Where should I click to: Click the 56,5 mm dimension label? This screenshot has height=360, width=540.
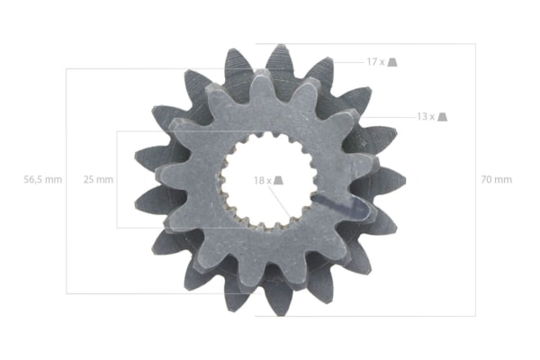click(x=42, y=179)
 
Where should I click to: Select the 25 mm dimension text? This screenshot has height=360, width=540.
click(x=98, y=179)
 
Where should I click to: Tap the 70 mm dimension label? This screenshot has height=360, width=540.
click(x=496, y=179)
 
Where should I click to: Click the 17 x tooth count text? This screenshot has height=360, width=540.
click(x=375, y=62)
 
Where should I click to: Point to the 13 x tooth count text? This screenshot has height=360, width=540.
click(x=426, y=117)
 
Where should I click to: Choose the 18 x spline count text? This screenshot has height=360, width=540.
click(x=263, y=180)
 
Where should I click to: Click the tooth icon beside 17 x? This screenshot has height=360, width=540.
click(x=392, y=62)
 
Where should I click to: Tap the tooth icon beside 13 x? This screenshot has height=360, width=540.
click(x=443, y=117)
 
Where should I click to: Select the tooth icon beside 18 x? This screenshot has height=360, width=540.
click(x=278, y=180)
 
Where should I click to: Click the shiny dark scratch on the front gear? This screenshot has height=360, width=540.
click(x=341, y=205)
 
